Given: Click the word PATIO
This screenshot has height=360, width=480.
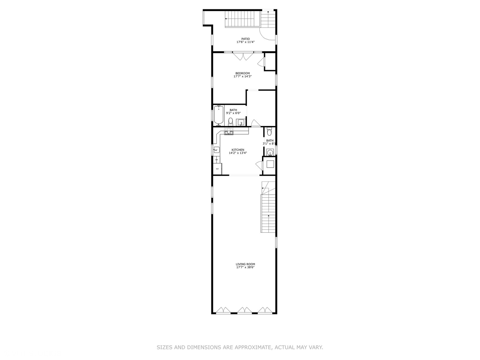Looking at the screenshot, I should coord(245,39).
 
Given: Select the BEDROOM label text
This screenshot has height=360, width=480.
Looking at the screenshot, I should coord(242,73).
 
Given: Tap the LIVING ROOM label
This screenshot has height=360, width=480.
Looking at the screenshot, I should coord(245,264).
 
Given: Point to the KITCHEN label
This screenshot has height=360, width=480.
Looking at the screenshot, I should coord(238,150).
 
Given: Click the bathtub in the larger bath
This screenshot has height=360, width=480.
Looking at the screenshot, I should coord(219,115).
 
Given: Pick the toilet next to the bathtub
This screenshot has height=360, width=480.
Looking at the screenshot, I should coord(230,121).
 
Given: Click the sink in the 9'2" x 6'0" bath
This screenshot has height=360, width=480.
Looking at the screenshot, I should coord(241,122).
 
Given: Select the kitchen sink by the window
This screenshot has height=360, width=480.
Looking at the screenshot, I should coord(216,150).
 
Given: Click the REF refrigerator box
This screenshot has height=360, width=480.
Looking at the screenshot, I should coord(217,169).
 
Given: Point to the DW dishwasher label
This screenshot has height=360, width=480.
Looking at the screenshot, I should coord(216,160).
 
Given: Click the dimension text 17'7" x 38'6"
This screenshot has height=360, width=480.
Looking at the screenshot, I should coord(245,267).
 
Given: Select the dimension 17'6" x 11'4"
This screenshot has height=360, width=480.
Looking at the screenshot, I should coord(245,42).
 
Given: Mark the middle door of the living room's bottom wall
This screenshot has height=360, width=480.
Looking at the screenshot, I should coord(244,311).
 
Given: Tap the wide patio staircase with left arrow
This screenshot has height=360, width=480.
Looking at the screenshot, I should coord(243,19).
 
